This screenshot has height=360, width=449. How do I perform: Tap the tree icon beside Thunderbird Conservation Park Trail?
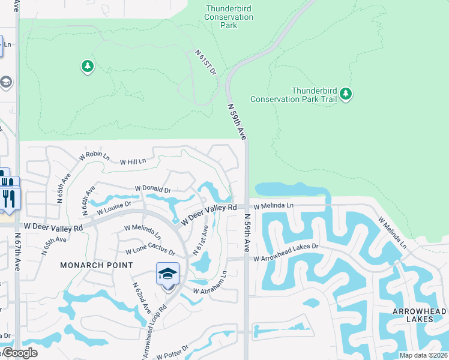(x=345, y=94)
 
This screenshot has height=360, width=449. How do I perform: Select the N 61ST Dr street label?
(x=205, y=62)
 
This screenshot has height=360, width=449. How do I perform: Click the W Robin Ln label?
(x=95, y=156)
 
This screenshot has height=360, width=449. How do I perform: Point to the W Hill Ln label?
(x=133, y=162)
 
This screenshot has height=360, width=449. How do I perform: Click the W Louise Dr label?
(x=114, y=208)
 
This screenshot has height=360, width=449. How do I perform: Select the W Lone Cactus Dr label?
(x=150, y=251)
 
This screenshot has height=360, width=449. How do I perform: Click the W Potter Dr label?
(x=172, y=352)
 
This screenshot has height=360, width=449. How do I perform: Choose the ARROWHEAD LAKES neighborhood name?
(x=419, y=315)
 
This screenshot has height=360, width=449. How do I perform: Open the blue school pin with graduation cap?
(x=167, y=275)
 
